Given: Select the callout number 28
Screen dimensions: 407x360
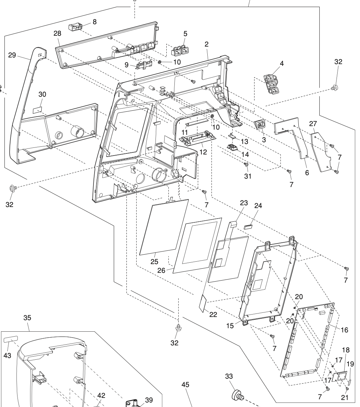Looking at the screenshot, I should click(x=57, y=33).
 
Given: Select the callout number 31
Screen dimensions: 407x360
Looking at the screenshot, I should click(x=247, y=176).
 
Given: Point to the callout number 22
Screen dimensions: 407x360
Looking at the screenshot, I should click(x=213, y=314).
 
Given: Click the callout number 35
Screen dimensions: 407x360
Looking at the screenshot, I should click(x=27, y=318).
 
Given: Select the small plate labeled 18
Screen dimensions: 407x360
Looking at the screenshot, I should click(x=338, y=377).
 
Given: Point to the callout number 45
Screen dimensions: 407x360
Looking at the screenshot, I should click(x=185, y=384).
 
